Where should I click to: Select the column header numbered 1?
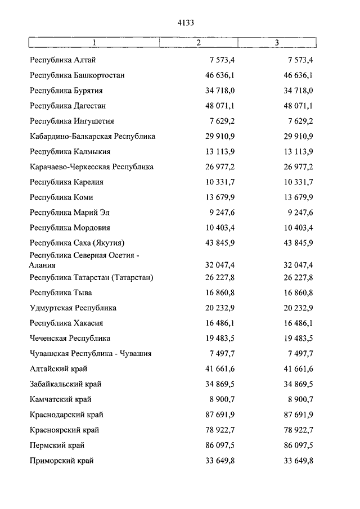pyautogui.click(x=94, y=43)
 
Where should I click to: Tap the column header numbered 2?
pyautogui.click(x=199, y=43)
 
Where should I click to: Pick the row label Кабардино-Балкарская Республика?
pyautogui.click(x=92, y=136)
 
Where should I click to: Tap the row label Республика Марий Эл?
pyautogui.click(x=70, y=213)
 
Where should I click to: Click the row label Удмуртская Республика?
pyautogui.click(x=73, y=308)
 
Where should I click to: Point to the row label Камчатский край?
pyautogui.click(x=60, y=399)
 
